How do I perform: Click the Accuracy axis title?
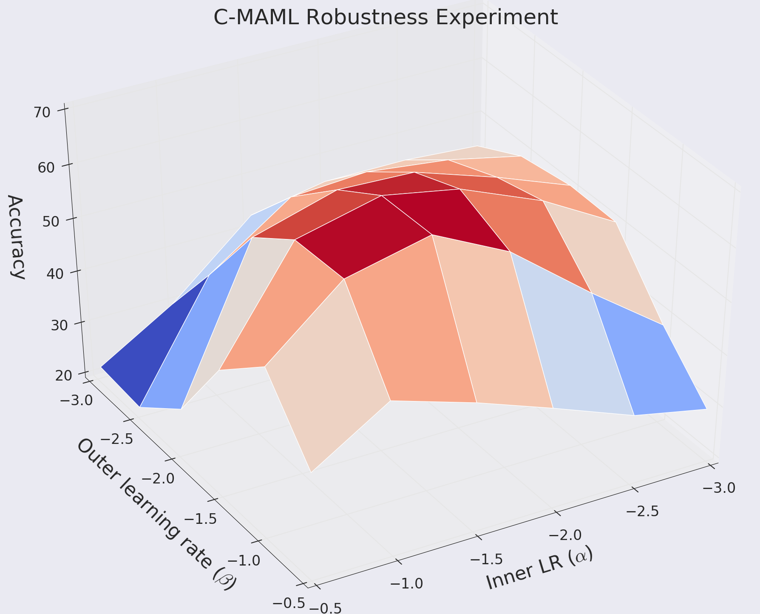(x=16, y=237)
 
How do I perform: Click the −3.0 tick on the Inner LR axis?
(x=718, y=487)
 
